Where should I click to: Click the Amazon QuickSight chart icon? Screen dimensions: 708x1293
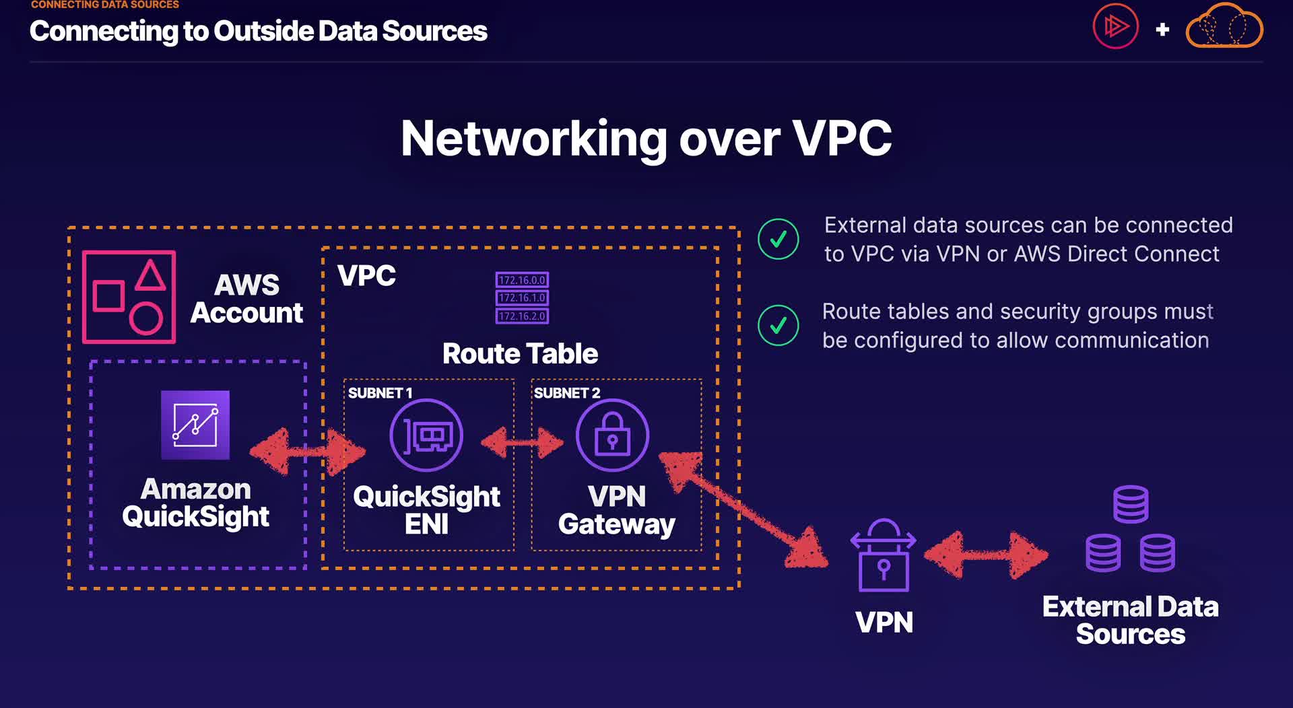195,425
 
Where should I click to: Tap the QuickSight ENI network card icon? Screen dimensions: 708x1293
426,435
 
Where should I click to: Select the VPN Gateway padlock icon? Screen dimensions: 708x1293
612,435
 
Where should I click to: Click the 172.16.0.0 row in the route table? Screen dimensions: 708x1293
522,280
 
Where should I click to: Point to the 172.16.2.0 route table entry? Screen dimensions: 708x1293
522,316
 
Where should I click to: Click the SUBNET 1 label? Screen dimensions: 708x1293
380,393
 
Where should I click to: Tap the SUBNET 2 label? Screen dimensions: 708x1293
566,393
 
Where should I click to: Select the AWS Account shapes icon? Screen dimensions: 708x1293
129,297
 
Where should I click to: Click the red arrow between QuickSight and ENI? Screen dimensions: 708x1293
307,452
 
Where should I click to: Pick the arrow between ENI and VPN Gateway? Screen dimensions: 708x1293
522,442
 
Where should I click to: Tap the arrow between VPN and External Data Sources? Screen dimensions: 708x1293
986,555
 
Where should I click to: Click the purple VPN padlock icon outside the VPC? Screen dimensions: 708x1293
884,555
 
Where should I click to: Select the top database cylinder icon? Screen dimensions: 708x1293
1131,504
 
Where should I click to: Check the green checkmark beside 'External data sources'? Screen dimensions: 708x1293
778,239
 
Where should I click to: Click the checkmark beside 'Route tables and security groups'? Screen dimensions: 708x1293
778,325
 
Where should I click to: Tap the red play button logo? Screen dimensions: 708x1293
1115,27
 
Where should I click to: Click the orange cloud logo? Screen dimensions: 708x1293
1224,27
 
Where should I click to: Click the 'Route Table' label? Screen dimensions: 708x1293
520,353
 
